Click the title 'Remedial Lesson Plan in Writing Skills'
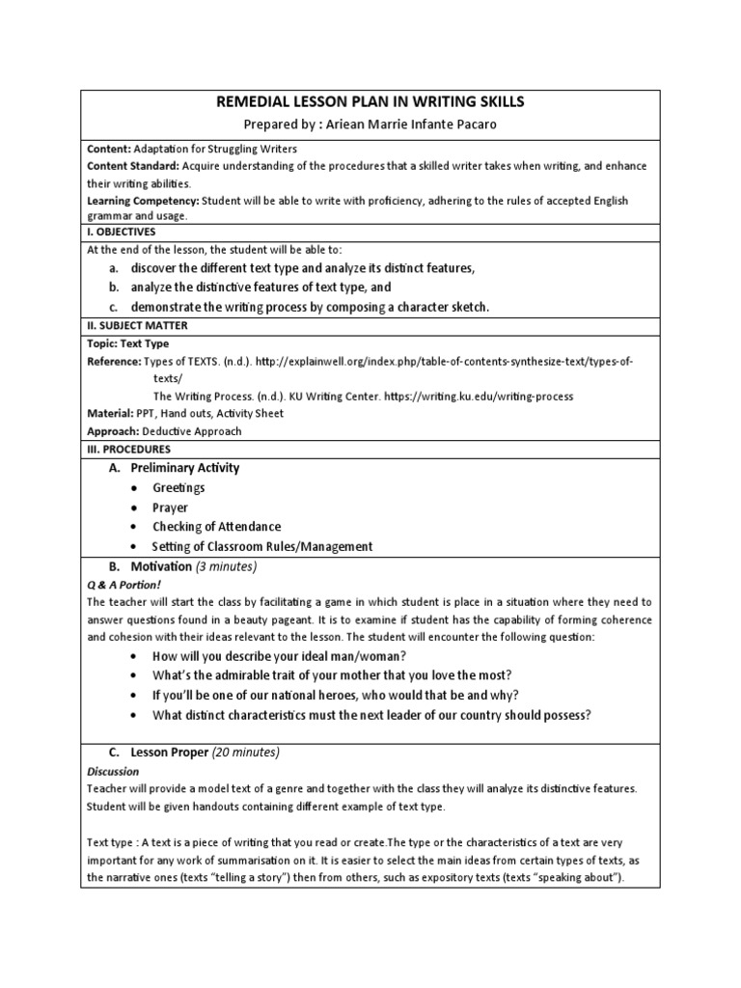[370, 101]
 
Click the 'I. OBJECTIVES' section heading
[122, 232]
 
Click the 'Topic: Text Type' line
[128, 343]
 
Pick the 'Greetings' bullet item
[178, 488]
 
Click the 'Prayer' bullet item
[170, 508]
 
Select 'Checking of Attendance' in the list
[216, 527]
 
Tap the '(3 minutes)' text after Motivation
[226, 566]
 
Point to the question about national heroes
[335, 695]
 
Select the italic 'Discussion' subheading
[113, 771]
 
